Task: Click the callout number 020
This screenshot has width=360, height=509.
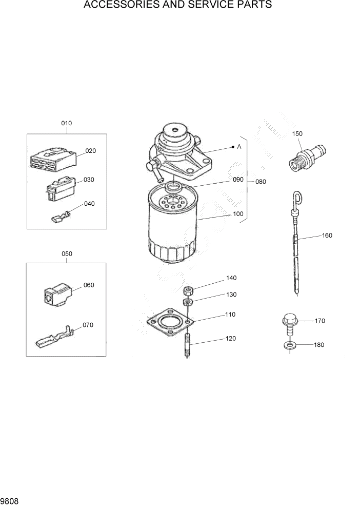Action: (x=90, y=151)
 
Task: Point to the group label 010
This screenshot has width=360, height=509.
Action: (x=67, y=123)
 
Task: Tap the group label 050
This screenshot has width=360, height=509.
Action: (x=67, y=254)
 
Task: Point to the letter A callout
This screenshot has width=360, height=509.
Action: (x=239, y=147)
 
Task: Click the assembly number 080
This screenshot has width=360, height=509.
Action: (x=261, y=182)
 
